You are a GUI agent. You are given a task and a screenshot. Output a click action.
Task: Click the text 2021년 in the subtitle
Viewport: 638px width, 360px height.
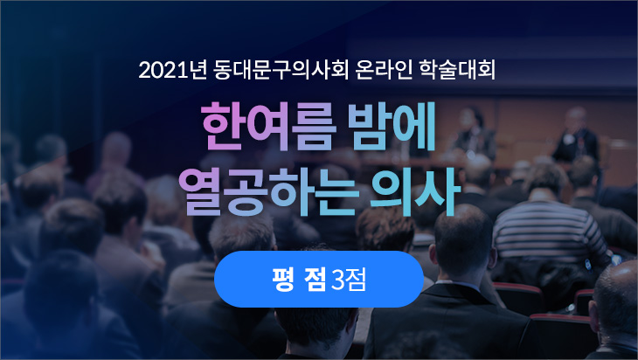coord(172,70)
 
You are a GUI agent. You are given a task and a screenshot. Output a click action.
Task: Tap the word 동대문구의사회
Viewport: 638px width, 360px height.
coord(281,70)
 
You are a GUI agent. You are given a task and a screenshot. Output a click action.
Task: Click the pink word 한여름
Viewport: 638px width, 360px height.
coord(268,126)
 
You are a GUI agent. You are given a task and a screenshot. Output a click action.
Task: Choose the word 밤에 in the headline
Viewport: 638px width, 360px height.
coord(392,126)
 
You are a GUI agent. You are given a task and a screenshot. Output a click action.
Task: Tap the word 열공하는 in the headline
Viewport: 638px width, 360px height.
coord(268,192)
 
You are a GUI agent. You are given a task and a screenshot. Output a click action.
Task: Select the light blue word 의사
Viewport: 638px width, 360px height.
coord(415,192)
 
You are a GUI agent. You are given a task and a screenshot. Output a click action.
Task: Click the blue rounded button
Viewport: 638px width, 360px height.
coord(319,279)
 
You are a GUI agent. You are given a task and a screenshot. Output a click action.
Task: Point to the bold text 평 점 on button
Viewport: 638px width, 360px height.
coord(299,280)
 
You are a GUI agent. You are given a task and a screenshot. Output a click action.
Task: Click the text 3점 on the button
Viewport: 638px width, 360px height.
coord(349,280)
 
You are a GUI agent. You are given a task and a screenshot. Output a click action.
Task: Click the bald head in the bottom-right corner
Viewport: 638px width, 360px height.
coord(615,297)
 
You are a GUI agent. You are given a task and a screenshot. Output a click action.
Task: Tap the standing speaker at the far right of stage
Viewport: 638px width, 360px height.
coord(577,136)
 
